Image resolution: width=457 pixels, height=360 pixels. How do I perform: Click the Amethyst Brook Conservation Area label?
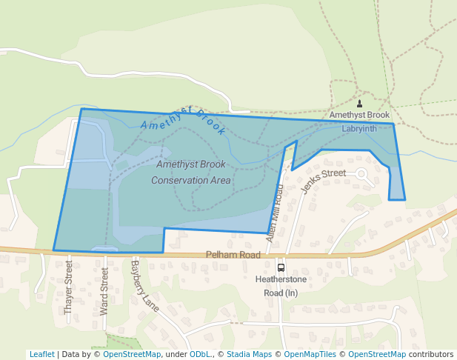point(191,172)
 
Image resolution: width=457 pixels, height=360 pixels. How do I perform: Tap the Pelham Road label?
point(233,255)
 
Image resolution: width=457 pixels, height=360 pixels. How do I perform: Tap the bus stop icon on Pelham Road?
point(281,267)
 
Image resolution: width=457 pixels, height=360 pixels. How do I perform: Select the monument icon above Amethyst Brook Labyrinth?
point(359,104)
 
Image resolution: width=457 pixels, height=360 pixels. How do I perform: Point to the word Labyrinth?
point(359,128)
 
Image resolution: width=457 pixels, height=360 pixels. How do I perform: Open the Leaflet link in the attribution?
point(41,354)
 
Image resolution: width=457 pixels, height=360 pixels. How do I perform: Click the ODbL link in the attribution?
point(200,354)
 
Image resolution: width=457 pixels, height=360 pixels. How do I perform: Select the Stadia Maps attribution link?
point(249,354)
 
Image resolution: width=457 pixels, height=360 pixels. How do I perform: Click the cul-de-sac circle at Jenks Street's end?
point(362,174)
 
